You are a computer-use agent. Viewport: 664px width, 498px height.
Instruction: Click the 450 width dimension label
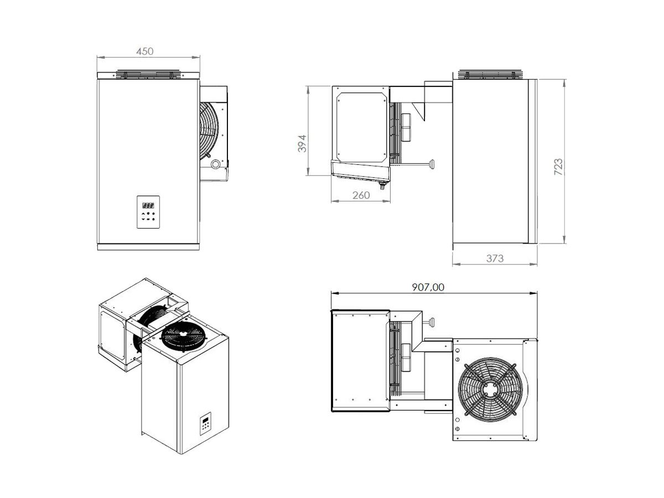tap(145, 51)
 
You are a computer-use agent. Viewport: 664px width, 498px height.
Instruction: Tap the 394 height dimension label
tap(302, 143)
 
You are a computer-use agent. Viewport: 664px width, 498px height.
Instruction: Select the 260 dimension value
tap(361, 195)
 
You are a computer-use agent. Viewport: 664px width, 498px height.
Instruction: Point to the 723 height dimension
tap(558, 167)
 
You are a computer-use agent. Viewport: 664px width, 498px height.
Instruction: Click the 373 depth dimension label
tap(495, 258)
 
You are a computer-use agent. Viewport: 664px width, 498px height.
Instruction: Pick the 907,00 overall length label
tap(428, 287)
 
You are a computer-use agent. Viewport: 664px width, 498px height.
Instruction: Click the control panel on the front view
tap(148, 212)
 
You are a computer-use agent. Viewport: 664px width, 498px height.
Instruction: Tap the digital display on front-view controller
tap(148, 205)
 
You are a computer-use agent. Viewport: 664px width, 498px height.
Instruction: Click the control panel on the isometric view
tap(205, 423)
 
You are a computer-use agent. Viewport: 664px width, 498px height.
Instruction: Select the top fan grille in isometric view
tap(183, 336)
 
